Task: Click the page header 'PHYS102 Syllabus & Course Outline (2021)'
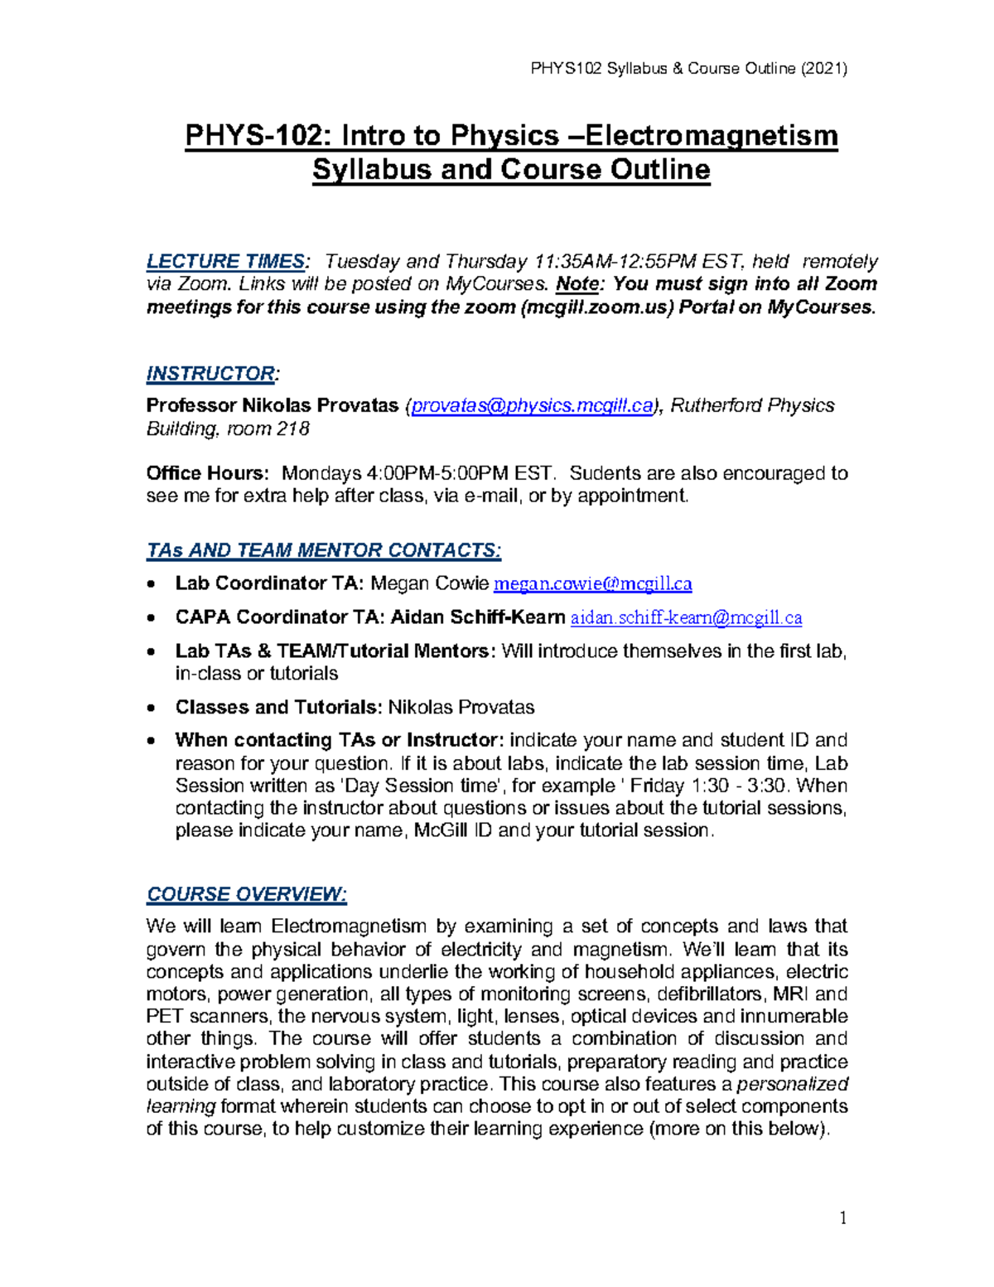(x=688, y=69)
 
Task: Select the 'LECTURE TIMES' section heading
(x=225, y=262)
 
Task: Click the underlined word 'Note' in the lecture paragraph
(x=577, y=284)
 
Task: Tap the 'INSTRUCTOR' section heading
(x=210, y=374)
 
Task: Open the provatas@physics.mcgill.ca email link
(x=532, y=406)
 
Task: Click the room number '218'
(x=293, y=428)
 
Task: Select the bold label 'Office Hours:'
(x=208, y=473)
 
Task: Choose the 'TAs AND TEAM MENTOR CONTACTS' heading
(x=323, y=550)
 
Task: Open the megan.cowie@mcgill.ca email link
(x=592, y=584)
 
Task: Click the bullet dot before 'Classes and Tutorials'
(x=150, y=709)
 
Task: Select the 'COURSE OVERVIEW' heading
(x=246, y=895)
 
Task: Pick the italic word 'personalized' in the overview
(x=793, y=1084)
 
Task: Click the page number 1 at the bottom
(x=843, y=1217)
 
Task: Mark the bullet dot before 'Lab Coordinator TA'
(x=150, y=585)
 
